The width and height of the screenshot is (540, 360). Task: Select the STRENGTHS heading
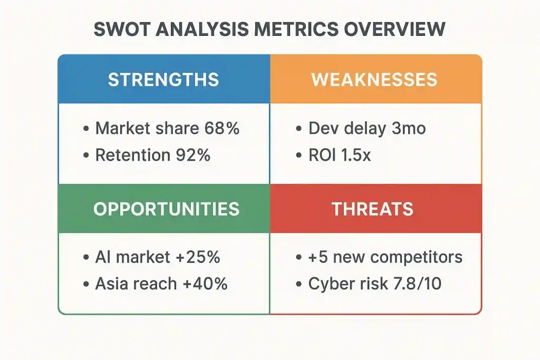[163, 80]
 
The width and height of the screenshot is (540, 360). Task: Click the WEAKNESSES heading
[374, 80]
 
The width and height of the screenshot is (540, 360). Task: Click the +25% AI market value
[197, 257]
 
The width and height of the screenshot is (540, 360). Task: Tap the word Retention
[129, 155]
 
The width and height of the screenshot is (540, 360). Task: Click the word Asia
[113, 284]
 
